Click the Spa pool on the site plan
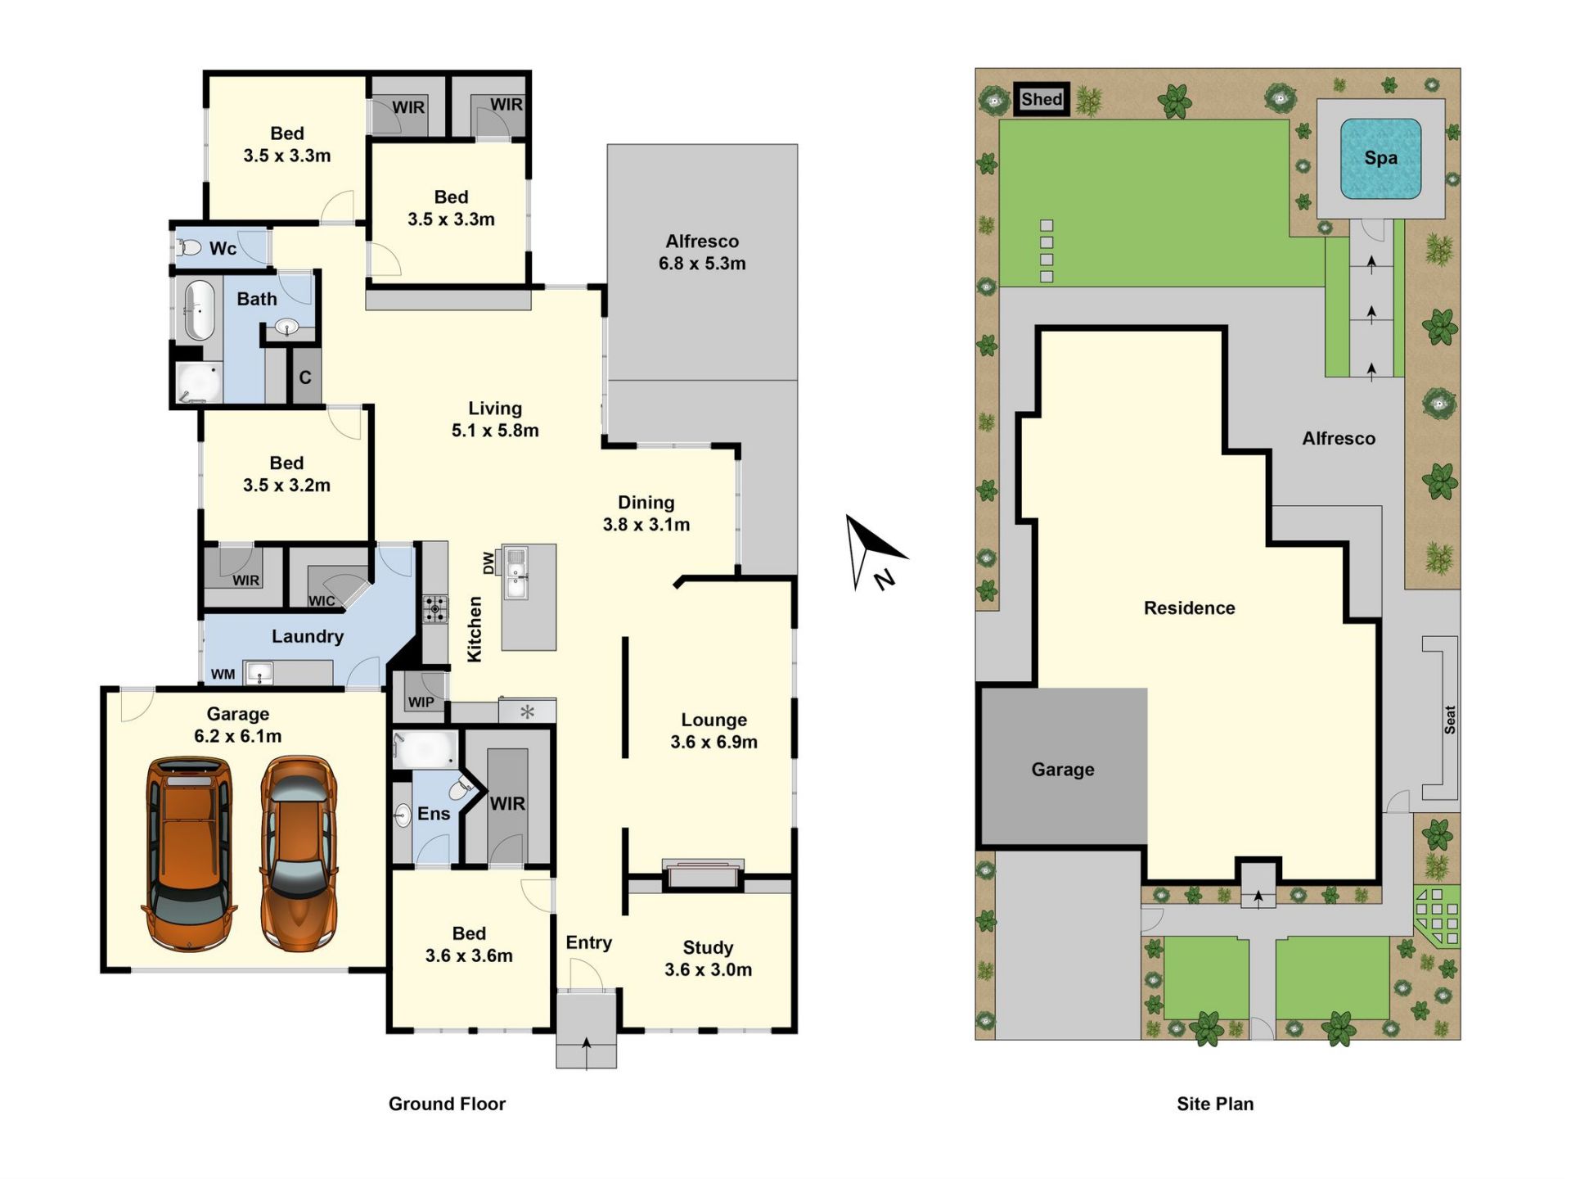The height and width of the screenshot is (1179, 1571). [x=1380, y=159]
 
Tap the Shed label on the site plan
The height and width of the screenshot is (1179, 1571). [x=1042, y=100]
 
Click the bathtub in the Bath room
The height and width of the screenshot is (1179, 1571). [x=199, y=310]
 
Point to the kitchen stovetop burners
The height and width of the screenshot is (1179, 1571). [x=435, y=608]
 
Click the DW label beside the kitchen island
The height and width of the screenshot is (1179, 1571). [x=488, y=562]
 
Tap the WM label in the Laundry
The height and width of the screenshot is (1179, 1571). [x=223, y=675]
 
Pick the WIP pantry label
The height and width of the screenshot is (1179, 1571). [x=421, y=702]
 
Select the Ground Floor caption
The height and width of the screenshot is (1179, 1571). [x=447, y=1104]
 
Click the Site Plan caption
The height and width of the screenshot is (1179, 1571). [x=1215, y=1104]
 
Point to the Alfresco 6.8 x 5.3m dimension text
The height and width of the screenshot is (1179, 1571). [x=702, y=264]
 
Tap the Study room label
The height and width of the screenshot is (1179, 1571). [x=708, y=947]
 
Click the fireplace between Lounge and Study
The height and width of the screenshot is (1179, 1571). [x=703, y=874]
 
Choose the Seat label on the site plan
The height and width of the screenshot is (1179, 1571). [x=1449, y=720]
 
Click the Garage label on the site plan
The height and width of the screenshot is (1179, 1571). [x=1063, y=770]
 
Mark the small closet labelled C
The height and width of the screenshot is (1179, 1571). [x=306, y=377]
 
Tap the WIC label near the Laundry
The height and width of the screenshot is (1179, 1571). [x=322, y=601]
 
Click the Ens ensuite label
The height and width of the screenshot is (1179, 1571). [x=434, y=814]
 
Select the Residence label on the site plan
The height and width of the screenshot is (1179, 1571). [x=1190, y=608]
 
